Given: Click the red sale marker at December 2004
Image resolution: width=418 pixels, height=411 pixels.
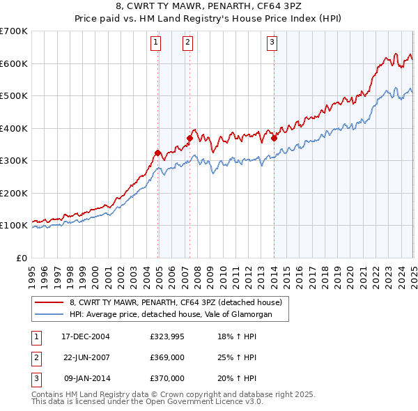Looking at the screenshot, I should [x=157, y=153].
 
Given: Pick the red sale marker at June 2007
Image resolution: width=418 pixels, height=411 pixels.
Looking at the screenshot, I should [x=189, y=138].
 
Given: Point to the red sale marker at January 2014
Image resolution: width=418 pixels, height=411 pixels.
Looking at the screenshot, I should [x=274, y=138].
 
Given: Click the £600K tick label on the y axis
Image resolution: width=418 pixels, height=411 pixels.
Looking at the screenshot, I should [x=14, y=63].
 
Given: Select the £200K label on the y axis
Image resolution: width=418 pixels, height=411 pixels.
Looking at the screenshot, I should [x=14, y=193].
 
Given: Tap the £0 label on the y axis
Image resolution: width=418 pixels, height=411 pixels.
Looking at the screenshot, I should [x=20, y=258].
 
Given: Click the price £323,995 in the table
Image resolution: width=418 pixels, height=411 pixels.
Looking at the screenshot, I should [x=167, y=336].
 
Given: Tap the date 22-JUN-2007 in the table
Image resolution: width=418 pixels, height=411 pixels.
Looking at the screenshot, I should [x=86, y=357].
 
